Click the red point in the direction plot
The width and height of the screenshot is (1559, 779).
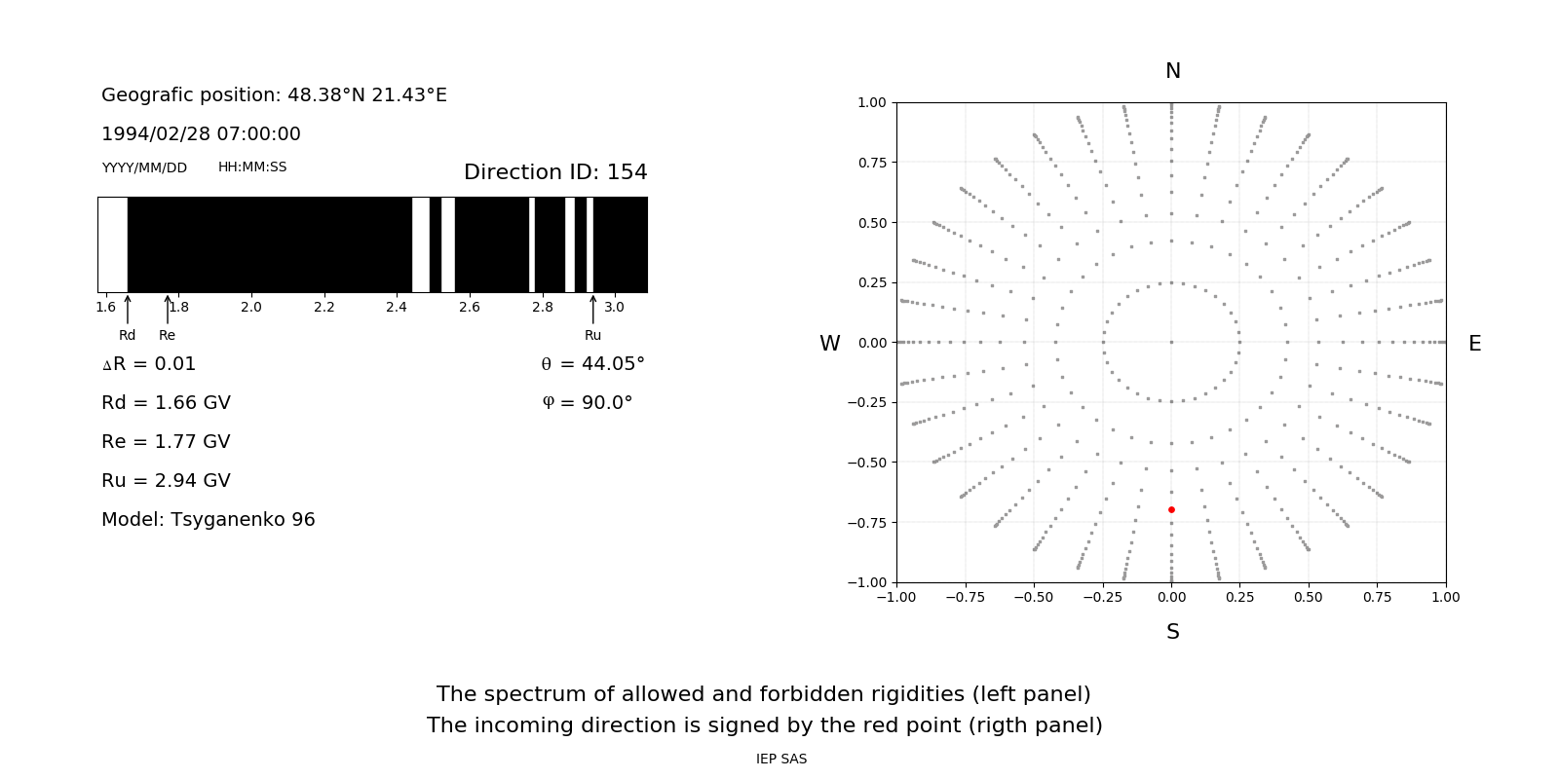[1171, 509]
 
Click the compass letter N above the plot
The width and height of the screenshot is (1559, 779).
[1173, 71]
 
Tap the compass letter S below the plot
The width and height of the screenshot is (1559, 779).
[1173, 632]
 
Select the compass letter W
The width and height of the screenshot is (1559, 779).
[829, 344]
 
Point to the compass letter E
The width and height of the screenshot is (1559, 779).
[1474, 344]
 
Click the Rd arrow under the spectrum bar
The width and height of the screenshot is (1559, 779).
[128, 310]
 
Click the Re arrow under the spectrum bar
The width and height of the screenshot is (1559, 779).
[168, 310]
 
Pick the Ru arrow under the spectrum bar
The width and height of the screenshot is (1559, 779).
[592, 310]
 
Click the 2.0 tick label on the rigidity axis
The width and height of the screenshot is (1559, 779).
[251, 307]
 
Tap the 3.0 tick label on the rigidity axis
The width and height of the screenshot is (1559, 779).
[614, 307]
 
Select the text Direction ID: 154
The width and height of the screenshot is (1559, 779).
[555, 172]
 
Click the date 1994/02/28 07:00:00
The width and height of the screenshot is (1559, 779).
[201, 133]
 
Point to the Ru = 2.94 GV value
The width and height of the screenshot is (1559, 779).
[166, 480]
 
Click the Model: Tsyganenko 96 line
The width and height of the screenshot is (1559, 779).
[209, 519]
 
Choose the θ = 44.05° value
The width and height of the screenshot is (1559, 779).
[592, 363]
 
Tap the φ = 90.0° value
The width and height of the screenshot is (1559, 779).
[588, 402]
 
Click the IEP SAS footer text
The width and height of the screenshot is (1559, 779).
[781, 759]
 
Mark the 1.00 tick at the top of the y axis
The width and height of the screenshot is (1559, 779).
[871, 102]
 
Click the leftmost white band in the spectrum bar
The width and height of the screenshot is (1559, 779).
[113, 244]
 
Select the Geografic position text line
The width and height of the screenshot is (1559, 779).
[274, 94]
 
